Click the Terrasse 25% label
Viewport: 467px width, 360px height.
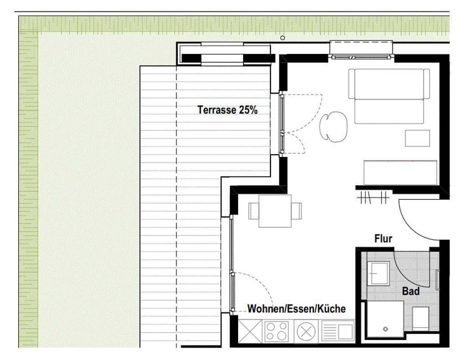point(228,110)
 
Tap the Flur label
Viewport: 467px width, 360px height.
point(383,239)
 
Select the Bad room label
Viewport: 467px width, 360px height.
point(411,291)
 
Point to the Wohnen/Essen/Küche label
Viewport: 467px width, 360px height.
point(296,309)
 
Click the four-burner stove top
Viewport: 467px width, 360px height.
point(277,331)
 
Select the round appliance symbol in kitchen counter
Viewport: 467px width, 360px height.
point(306,331)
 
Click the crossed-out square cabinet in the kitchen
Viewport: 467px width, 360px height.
point(250,331)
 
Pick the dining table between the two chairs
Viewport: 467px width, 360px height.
point(275,211)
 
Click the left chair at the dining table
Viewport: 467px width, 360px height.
point(254,211)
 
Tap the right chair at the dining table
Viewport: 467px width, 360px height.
point(296,211)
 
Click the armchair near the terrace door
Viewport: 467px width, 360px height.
point(333,126)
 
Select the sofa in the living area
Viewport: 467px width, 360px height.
point(389,96)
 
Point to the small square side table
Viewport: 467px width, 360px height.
point(417,138)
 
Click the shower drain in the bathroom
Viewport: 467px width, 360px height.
point(386,329)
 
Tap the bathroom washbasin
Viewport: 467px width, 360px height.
point(378,273)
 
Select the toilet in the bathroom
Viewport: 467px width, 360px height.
point(420,318)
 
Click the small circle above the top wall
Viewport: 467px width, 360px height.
point(283,38)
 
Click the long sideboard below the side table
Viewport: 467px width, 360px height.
point(400,172)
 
